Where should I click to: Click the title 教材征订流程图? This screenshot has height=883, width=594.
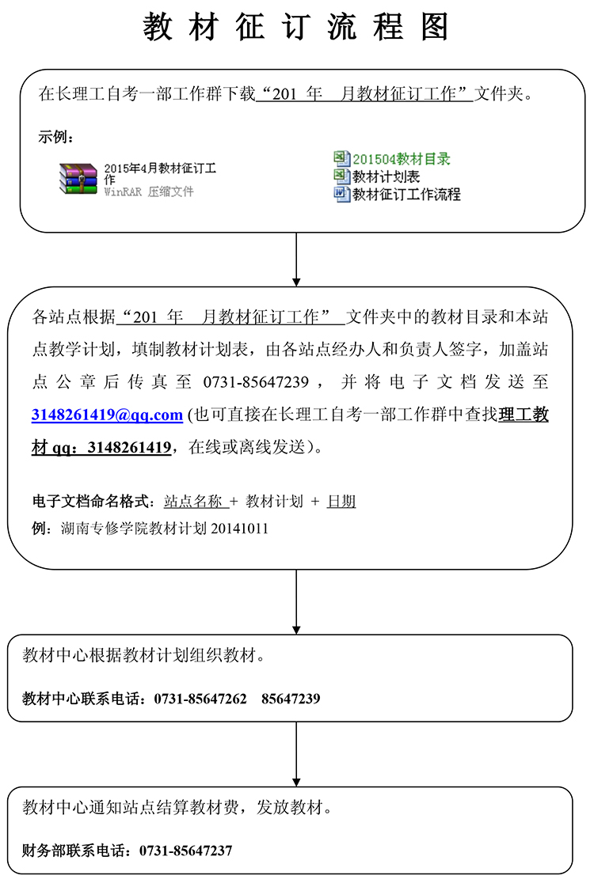296,27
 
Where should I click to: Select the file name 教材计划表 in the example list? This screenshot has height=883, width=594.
386,176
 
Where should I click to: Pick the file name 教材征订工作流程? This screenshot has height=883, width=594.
406,194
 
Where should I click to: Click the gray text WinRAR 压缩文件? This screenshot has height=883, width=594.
149,192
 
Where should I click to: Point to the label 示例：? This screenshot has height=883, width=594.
56,137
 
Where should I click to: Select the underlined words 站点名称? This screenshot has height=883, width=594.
192,501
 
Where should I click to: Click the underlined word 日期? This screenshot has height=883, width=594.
341,501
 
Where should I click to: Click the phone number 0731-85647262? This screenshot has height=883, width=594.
200,699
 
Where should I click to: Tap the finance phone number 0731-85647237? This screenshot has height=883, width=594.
185,851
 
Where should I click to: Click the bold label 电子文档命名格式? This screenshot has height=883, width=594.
90,501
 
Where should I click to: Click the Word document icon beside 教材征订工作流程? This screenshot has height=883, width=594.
341,194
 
